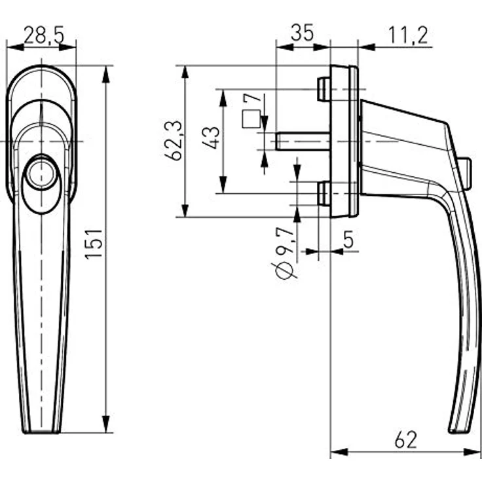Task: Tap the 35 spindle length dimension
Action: tap(302, 33)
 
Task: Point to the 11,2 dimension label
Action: tap(407, 34)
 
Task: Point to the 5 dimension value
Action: tap(348, 240)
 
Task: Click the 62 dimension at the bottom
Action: tap(406, 440)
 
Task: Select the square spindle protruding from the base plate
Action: tap(302, 141)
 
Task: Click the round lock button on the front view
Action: tap(42, 172)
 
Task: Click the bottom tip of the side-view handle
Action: tap(456, 431)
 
